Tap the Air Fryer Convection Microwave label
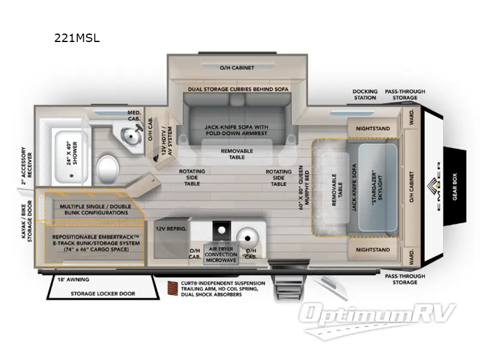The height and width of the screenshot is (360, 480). pyautogui.click(x=221, y=254)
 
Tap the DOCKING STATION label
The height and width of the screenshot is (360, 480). pyautogui.click(x=364, y=94)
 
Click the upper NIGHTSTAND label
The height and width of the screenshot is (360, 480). pyautogui.click(x=373, y=128)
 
